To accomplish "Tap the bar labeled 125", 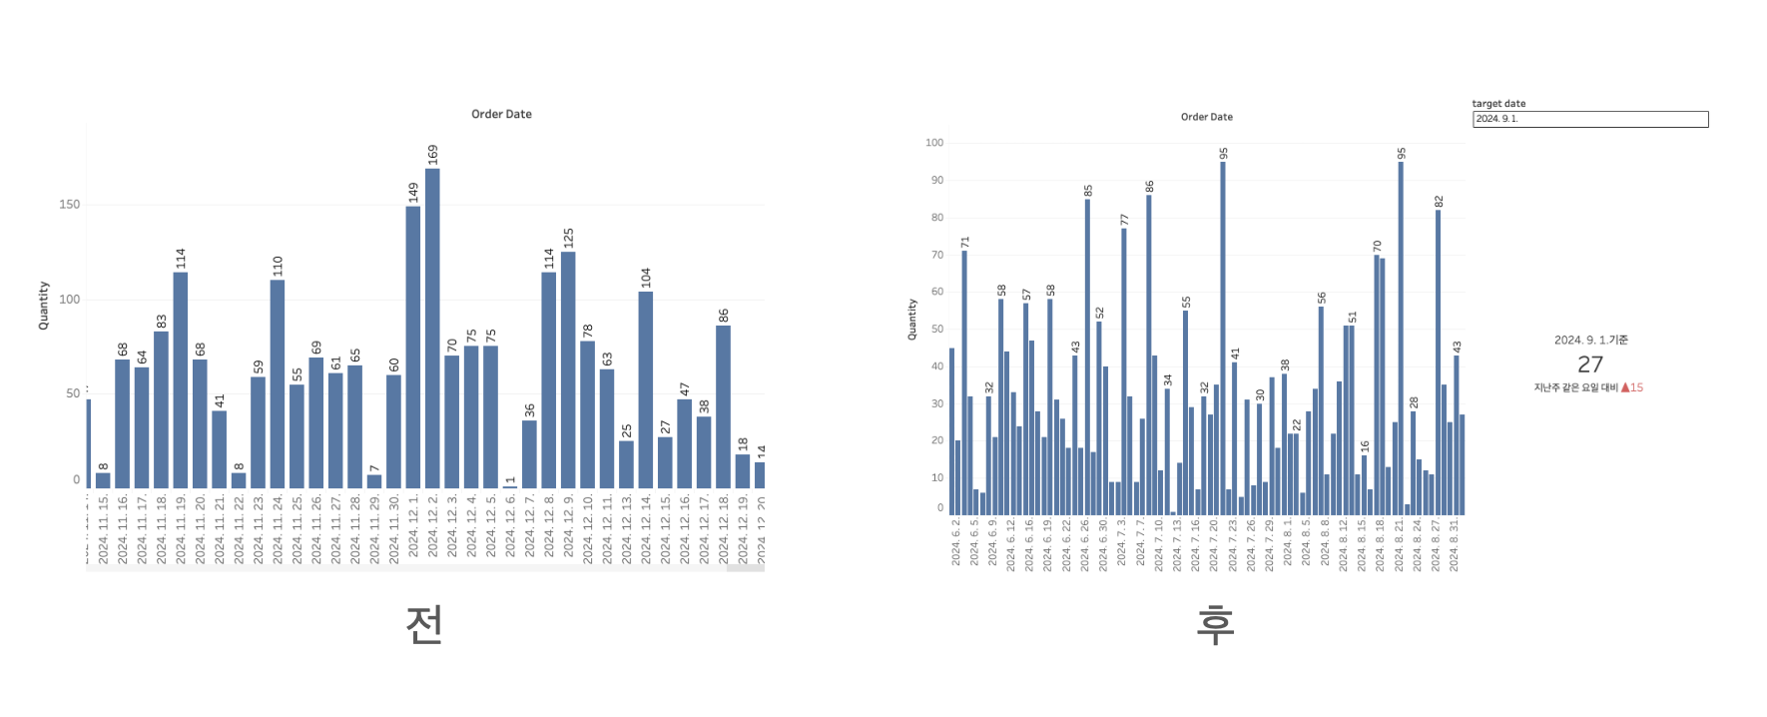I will (568, 369).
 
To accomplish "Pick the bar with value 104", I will (646, 389).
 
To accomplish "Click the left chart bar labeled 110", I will (278, 383).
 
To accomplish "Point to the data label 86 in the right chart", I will (1149, 187).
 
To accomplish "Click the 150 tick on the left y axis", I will (70, 204).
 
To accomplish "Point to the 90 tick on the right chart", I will (936, 181).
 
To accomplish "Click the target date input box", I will (1589, 119).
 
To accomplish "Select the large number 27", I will (1590, 364).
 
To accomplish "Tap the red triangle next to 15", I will (1625, 387).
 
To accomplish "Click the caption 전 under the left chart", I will (424, 625).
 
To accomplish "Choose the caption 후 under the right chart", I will (1215, 625).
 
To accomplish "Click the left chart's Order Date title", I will (501, 114).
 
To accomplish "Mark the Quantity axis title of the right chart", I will (911, 320).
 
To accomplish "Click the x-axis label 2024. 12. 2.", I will (432, 528).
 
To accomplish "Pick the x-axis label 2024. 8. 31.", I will (1454, 544).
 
